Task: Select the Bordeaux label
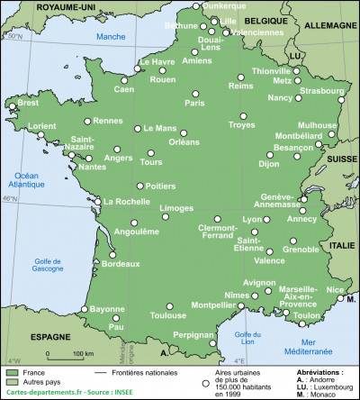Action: pyautogui.click(x=121, y=264)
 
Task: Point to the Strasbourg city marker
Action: pyautogui.click(x=340, y=100)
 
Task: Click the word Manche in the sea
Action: pyautogui.click(x=111, y=36)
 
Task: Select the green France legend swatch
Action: pyautogui.click(x=13, y=371)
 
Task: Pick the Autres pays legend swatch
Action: pyautogui.click(x=13, y=382)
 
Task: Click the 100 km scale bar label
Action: pyautogui.click(x=84, y=353)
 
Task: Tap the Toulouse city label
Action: pyautogui.click(x=168, y=316)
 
